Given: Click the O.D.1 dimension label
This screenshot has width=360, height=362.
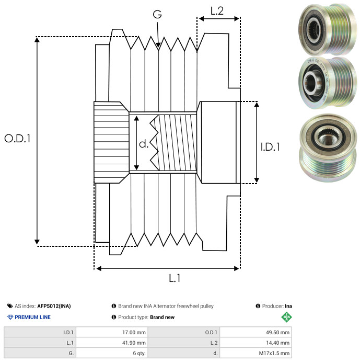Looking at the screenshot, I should tap(17, 139).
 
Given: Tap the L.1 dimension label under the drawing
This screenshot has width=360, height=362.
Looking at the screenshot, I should tap(175, 278).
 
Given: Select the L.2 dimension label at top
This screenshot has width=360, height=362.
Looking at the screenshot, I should tap(217, 10).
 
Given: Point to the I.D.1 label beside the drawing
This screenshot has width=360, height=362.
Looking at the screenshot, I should tap(270, 148).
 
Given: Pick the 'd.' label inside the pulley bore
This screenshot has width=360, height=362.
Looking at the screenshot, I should tap(143, 144).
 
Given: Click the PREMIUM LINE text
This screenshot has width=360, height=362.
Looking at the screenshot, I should tap(32, 317).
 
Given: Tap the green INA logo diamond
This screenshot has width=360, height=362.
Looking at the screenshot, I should tap(286, 316).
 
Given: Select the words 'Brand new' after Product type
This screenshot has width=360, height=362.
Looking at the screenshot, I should tap(162, 317).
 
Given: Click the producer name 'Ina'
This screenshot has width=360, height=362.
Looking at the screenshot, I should tap(288, 306).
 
